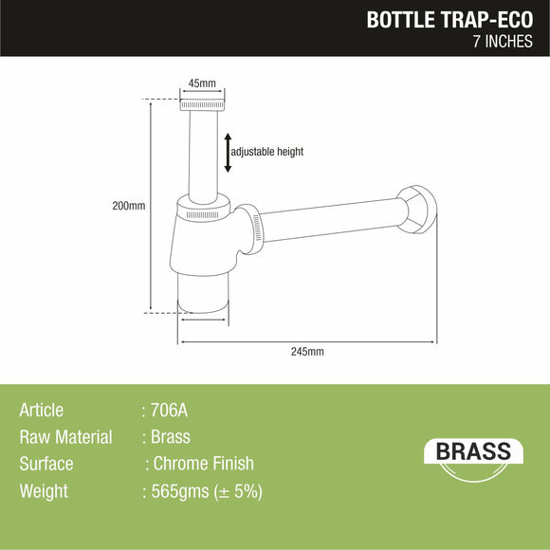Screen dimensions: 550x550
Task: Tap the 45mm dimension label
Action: tap(201, 83)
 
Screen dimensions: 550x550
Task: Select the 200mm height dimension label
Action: tap(129, 206)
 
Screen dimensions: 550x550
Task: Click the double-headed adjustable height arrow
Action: tap(228, 153)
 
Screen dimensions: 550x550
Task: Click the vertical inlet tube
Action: tap(201, 152)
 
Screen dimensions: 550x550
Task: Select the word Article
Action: tap(42, 411)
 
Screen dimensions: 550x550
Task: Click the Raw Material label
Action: tap(65, 437)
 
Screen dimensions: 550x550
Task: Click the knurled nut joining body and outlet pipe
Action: tap(249, 228)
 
